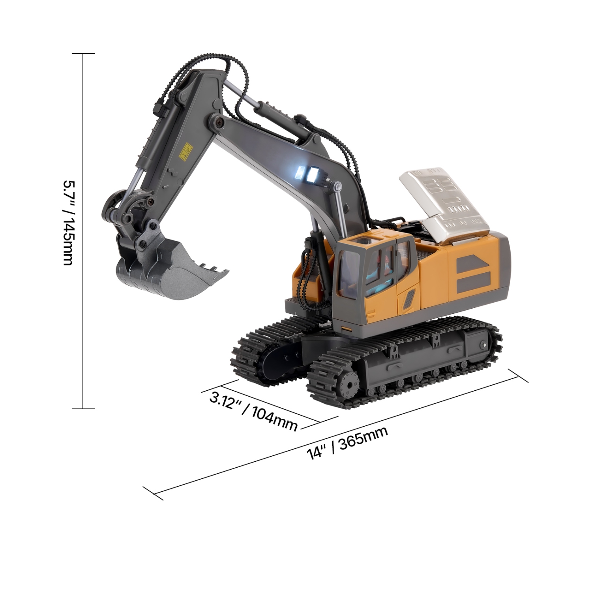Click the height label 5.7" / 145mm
tap(67, 223)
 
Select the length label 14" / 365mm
tap(347, 443)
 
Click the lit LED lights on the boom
tap(308, 173)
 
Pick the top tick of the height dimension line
tap(83, 54)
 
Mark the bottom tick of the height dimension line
tap(83, 408)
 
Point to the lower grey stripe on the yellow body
tap(473, 283)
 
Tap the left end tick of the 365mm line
tap(153, 493)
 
